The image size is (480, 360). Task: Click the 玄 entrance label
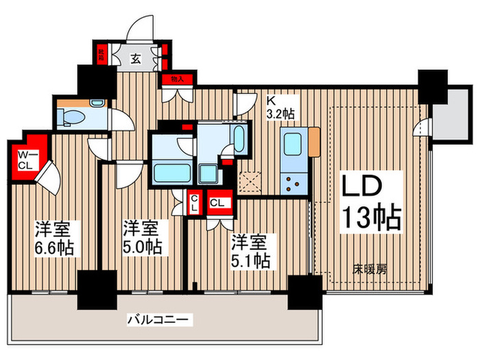point(136,57)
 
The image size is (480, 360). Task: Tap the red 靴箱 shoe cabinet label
point(101,53)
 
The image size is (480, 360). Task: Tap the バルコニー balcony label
point(160,320)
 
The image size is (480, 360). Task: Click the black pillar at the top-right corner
point(433,84)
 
